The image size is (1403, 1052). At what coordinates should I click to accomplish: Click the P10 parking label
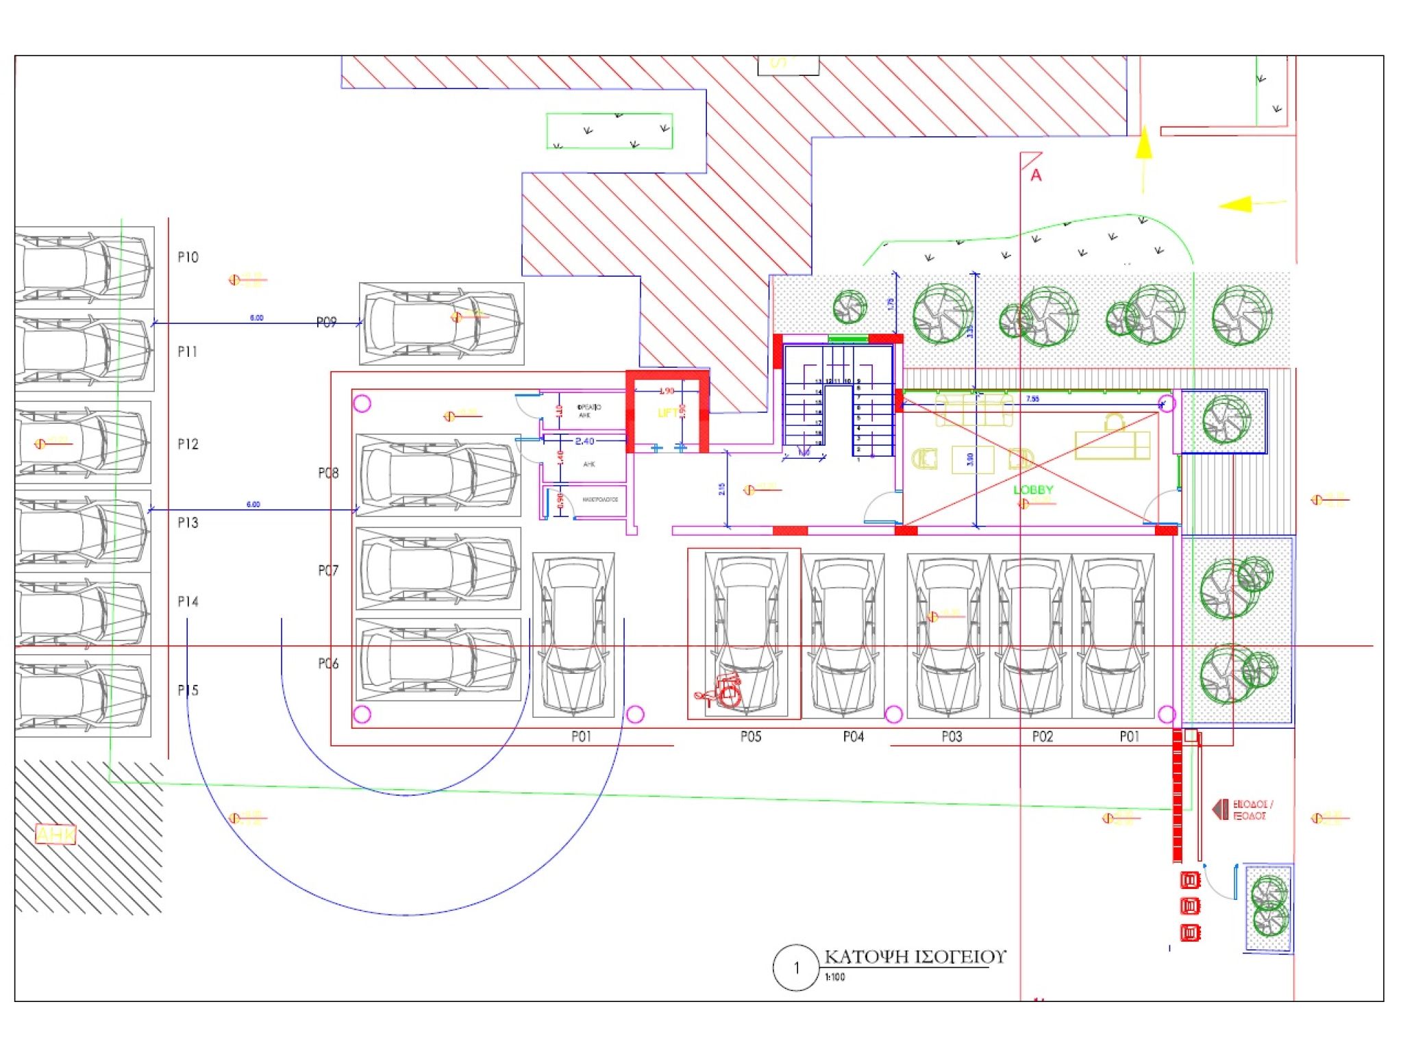click(x=188, y=258)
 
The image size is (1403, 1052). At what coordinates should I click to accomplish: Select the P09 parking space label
click(x=327, y=323)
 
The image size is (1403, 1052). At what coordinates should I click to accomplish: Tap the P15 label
click(x=188, y=690)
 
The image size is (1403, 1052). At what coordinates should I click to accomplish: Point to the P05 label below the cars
click(x=751, y=737)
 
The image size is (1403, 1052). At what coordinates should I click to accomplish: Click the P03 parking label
click(x=952, y=737)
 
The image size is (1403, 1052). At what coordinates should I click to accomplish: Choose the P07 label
click(x=328, y=571)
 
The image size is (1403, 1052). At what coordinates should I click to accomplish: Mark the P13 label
click(x=188, y=523)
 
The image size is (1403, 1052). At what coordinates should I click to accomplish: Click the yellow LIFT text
click(x=667, y=413)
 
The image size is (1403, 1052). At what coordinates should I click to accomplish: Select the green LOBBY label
click(x=1033, y=490)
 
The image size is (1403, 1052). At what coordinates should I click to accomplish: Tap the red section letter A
click(x=1036, y=176)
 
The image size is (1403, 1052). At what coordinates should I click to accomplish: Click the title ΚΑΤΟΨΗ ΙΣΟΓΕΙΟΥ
click(x=915, y=957)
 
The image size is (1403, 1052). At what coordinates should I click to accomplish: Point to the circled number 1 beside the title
click(x=796, y=968)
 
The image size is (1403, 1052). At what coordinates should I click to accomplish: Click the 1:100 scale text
click(x=835, y=977)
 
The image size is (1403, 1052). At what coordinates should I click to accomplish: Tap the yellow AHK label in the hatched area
click(x=55, y=835)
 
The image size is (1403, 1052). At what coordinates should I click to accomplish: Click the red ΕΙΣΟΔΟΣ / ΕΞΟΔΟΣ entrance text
click(x=1252, y=810)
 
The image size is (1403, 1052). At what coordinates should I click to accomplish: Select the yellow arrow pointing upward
click(x=1143, y=147)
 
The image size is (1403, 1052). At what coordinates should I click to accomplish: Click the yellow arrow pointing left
click(x=1237, y=204)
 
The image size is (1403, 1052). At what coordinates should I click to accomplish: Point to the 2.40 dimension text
click(x=584, y=442)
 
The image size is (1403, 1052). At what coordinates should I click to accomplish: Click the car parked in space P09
click(x=442, y=323)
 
